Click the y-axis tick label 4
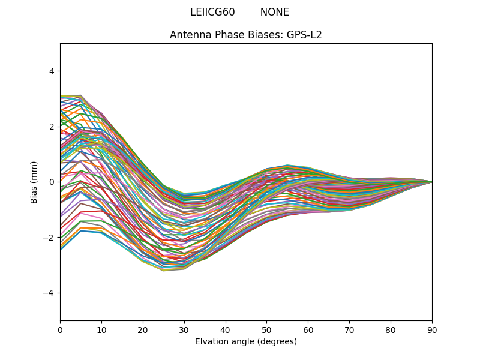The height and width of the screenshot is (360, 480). (51, 71)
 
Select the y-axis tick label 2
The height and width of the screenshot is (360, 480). (51, 127)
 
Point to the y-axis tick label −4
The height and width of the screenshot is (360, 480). (49, 293)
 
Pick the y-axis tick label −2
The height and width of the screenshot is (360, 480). (49, 238)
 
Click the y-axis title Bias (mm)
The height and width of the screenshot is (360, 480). (35, 182)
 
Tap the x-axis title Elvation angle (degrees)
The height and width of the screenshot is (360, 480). (246, 342)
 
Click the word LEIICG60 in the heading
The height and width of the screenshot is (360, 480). (212, 12)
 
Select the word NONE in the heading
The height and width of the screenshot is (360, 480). (275, 12)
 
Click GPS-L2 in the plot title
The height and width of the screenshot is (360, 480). (304, 35)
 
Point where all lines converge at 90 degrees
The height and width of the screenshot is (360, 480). (431, 182)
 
